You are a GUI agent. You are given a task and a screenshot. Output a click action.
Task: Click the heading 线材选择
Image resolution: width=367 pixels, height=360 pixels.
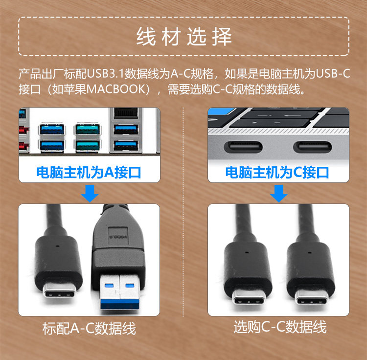(184, 37)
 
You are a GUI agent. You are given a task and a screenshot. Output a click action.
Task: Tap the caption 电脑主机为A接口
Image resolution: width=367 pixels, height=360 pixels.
(89, 173)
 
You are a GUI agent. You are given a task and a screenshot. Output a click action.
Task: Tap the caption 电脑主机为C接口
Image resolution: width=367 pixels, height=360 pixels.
(277, 173)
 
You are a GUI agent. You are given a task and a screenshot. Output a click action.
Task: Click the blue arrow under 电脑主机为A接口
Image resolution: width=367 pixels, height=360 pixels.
(90, 193)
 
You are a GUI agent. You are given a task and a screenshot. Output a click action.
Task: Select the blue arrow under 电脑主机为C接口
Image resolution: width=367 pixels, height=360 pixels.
(278, 193)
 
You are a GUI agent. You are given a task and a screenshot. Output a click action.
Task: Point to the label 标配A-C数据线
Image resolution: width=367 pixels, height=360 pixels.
(89, 328)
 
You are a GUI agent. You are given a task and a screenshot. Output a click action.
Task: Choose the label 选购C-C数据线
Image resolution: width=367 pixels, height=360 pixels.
(280, 327)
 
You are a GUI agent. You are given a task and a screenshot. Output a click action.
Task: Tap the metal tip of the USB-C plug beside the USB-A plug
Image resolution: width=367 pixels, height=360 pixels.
(59, 291)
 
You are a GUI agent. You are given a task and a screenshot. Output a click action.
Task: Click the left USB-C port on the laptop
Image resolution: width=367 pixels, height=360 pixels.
(243, 147)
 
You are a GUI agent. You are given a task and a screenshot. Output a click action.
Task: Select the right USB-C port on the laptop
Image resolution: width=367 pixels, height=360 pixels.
(313, 147)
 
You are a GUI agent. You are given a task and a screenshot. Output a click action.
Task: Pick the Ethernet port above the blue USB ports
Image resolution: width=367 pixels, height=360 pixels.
(126, 113)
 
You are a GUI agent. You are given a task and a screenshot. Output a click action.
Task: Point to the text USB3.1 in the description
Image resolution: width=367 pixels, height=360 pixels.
(105, 74)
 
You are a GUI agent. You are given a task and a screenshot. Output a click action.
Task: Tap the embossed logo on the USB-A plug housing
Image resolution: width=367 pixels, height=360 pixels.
(118, 237)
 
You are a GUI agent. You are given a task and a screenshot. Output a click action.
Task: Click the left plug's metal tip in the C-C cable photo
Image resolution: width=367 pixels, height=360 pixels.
(249, 298)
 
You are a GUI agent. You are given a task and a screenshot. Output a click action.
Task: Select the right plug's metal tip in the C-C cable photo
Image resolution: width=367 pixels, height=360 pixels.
(311, 298)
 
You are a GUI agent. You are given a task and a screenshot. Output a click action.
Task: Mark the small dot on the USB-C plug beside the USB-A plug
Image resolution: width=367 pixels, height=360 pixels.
(58, 246)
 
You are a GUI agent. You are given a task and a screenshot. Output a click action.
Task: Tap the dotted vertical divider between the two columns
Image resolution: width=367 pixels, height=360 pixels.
(183, 212)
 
